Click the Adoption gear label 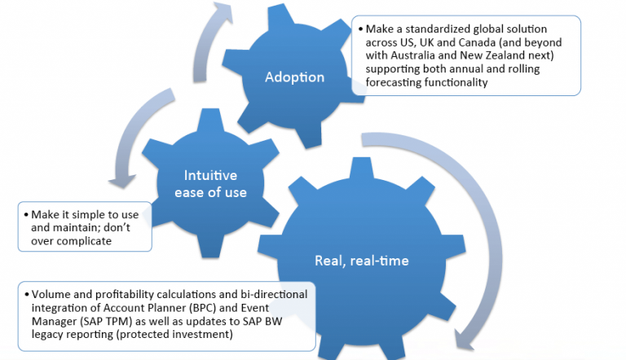[294, 77]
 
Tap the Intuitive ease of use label [210, 184]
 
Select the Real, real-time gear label [362, 261]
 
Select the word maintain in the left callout [75, 228]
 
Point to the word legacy [47, 335]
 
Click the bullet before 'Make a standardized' [360, 29]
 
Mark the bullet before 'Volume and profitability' [26, 295]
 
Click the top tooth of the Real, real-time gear [361, 168]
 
